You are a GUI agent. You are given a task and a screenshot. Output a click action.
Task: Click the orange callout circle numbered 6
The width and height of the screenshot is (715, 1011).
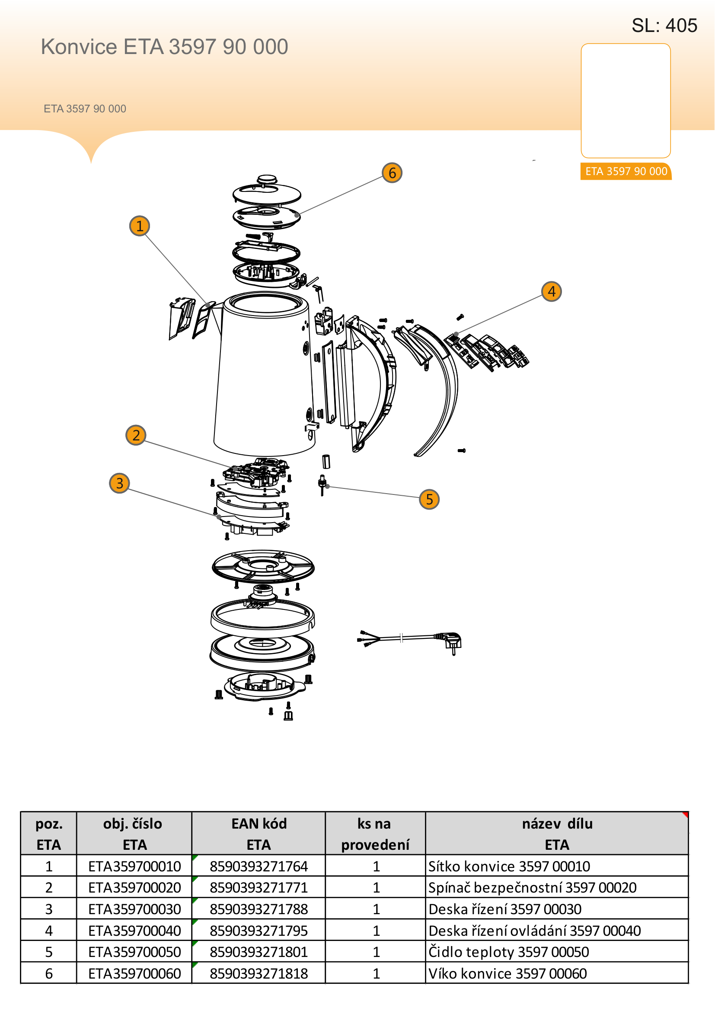pyautogui.click(x=392, y=172)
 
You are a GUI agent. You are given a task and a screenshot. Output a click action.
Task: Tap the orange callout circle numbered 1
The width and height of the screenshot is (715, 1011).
pyautogui.click(x=140, y=226)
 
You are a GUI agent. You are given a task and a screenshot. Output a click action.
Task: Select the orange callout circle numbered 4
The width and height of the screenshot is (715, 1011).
pyautogui.click(x=551, y=291)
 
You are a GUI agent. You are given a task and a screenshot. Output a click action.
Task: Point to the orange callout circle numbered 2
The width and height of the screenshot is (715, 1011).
pyautogui.click(x=136, y=435)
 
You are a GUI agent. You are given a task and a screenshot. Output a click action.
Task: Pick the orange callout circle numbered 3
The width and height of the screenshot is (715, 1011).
pyautogui.click(x=119, y=483)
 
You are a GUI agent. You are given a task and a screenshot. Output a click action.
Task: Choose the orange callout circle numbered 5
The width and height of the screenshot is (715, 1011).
pyautogui.click(x=429, y=499)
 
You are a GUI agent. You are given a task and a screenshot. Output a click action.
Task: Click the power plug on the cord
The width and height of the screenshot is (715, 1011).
pyautogui.click(x=450, y=641)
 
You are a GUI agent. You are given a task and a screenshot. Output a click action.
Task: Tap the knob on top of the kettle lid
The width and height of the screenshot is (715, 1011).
pyautogui.click(x=267, y=180)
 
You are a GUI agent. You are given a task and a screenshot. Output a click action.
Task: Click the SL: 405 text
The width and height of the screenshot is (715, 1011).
pyautogui.click(x=664, y=26)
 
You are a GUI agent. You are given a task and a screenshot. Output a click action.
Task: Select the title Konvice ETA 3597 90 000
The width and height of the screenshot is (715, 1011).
pyautogui.click(x=165, y=47)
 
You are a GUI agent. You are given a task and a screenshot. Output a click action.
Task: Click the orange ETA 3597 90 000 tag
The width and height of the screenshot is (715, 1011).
pyautogui.click(x=626, y=171)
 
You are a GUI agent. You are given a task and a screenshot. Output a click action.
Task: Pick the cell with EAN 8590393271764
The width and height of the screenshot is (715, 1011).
pyautogui.click(x=259, y=866)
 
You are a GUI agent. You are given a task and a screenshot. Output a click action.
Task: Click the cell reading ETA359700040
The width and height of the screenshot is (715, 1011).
pyautogui.click(x=134, y=931)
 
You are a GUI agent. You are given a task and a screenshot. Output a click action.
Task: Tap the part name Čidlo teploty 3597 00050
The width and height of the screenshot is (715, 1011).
pyautogui.click(x=508, y=952)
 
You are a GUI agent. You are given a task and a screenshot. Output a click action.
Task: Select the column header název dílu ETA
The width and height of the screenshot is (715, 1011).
pyautogui.click(x=557, y=834)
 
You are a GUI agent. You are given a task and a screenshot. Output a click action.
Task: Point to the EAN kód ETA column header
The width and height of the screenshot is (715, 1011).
pyautogui.click(x=259, y=834)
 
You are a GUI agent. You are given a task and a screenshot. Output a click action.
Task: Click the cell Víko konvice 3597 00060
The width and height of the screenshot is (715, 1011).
pyautogui.click(x=508, y=973)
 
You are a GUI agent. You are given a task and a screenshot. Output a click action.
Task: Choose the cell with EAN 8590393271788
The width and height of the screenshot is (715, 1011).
pyautogui.click(x=259, y=909)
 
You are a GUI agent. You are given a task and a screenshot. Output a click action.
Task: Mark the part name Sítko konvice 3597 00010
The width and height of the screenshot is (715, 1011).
pyautogui.click(x=509, y=866)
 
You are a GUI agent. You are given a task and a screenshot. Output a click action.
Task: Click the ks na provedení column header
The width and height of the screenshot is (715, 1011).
pyautogui.click(x=375, y=834)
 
